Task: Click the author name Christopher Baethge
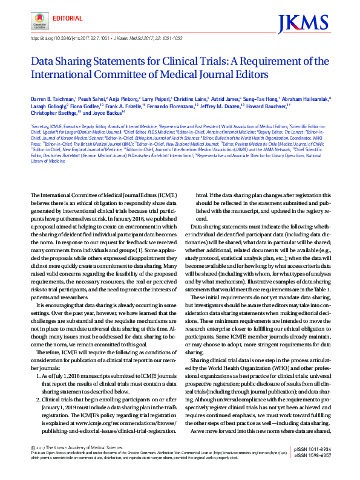click(x=54, y=112)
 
